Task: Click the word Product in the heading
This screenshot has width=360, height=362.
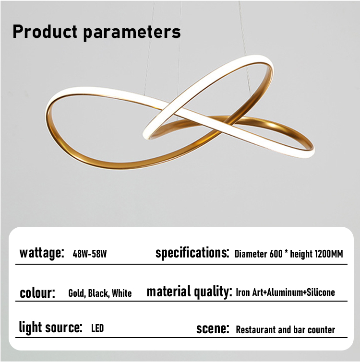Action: tap(45, 31)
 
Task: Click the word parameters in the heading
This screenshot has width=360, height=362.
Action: tap(132, 33)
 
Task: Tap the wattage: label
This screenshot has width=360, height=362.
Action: tap(42, 253)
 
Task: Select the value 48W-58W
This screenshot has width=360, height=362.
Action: tap(90, 254)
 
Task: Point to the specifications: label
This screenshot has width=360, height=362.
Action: tap(192, 253)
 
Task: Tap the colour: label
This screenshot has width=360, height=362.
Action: tap(37, 293)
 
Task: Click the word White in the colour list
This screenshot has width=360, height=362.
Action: tap(122, 293)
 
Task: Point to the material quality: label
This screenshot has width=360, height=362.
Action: tap(189, 292)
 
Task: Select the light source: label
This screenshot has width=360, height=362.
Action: tap(50, 327)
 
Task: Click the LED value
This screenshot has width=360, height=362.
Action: tap(97, 328)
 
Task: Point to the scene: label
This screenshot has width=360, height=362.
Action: tap(213, 328)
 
